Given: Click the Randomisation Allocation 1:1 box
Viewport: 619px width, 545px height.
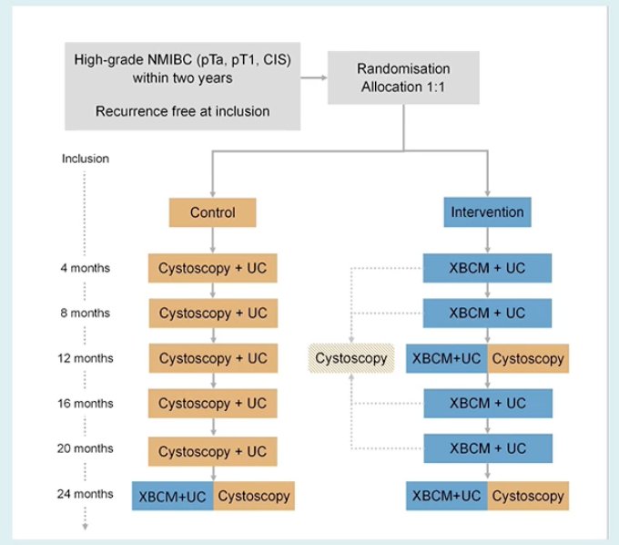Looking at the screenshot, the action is click(403, 77).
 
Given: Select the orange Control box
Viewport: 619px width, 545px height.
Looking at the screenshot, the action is click(212, 212).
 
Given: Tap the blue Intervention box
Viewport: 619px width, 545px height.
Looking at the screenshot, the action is click(487, 211).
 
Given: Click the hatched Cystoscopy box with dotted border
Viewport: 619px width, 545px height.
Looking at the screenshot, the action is click(351, 358).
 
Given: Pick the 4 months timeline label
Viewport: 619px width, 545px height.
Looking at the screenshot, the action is click(85, 268).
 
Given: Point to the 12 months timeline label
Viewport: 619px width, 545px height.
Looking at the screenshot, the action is click(86, 358).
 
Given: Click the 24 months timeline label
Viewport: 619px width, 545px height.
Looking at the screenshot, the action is click(85, 494).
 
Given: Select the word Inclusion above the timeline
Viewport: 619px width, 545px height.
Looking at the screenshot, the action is click(86, 159).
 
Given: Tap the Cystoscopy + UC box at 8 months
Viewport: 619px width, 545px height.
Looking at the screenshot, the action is click(213, 313).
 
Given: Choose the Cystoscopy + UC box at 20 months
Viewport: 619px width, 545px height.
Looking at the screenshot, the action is click(212, 451).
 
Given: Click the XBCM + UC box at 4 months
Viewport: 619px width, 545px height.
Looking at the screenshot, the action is click(487, 268).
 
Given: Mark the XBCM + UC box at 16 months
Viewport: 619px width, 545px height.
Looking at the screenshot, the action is click(488, 403).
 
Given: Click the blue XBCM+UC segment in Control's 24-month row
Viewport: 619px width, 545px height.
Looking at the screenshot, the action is click(173, 496).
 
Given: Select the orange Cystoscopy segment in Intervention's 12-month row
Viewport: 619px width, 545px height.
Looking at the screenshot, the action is click(528, 358).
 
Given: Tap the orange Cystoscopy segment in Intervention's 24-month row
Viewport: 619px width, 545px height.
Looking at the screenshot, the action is click(528, 496).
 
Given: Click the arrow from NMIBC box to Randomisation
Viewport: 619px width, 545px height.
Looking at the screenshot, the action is click(314, 77).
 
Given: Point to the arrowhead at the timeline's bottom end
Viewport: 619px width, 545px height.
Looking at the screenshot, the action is click(85, 526).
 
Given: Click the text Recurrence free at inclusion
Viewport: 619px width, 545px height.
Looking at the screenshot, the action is click(182, 111).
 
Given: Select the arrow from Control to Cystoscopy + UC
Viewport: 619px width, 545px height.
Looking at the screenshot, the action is click(213, 240).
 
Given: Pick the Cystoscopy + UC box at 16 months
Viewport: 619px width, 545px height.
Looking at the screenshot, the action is click(212, 403).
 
